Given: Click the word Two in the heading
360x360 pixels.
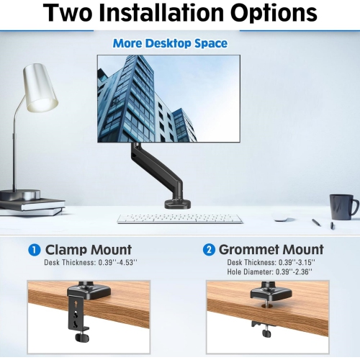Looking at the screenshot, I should point(74,14).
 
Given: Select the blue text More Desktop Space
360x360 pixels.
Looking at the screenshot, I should point(170,44).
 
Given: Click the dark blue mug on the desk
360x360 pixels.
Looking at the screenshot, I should point(342,206).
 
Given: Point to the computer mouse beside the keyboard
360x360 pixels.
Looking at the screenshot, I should point(282,220).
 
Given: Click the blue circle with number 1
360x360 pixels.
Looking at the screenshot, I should point(34,250).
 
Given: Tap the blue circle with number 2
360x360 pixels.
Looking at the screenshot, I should point(209,250).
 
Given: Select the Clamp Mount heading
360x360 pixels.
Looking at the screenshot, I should point(89,250).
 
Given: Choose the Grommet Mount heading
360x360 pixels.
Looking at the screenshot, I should point(271,250).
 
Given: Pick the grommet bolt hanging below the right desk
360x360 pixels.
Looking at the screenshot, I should point(266,328).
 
